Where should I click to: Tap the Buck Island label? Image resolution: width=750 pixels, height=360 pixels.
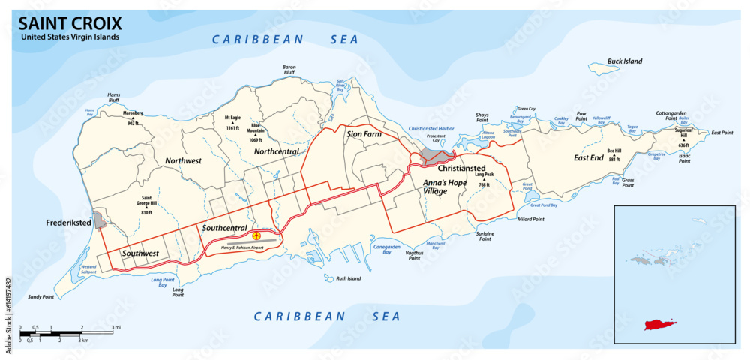[x=625, y=61]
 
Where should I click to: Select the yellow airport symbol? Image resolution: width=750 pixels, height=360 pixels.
[x=257, y=236]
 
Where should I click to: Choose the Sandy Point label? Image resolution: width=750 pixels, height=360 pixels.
[x=41, y=297]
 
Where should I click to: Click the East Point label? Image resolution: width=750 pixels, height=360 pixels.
[x=721, y=133]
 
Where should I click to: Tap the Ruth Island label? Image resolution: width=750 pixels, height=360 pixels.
[x=348, y=278]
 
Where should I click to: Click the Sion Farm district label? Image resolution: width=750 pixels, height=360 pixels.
[x=364, y=134]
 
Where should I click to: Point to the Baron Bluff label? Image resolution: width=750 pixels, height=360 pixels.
[x=289, y=70]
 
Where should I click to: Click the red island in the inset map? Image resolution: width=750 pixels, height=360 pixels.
[x=660, y=325]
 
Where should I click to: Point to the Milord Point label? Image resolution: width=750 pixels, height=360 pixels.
[x=530, y=220]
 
